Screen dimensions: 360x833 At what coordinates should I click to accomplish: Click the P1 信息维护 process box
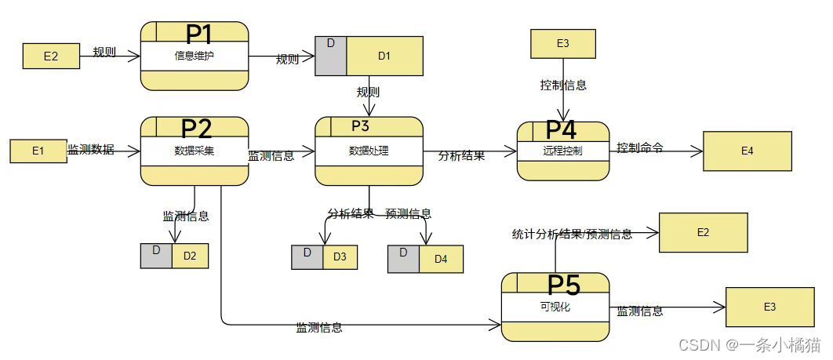coord(195,56)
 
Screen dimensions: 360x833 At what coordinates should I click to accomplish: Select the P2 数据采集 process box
coord(195,151)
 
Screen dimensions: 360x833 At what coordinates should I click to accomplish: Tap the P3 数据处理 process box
coord(369,151)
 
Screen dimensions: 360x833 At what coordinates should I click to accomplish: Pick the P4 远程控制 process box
coord(562,151)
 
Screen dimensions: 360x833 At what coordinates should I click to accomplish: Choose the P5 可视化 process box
coord(555,307)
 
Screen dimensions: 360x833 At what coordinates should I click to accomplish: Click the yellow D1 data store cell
coord(384,56)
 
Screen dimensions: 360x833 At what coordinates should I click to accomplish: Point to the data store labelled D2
coord(175,256)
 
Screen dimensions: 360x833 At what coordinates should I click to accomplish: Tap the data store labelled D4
coord(424,258)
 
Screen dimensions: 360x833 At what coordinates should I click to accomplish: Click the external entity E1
coord(38,151)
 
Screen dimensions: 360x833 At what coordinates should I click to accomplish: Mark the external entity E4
coord(747,151)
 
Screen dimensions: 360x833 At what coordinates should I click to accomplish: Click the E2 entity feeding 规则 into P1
coord(51,56)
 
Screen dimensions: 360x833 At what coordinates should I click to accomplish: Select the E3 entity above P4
coord(562,43)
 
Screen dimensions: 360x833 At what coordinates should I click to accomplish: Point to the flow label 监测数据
coord(91,149)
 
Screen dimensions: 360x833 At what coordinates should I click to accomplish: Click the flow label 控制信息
coord(563,85)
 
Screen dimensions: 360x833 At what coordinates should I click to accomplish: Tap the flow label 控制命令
coord(640,147)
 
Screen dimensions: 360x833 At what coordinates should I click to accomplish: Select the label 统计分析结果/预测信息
coord(572,234)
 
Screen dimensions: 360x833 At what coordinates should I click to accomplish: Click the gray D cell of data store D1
coord(330,56)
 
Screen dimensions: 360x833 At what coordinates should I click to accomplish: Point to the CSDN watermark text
coord(749,344)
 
